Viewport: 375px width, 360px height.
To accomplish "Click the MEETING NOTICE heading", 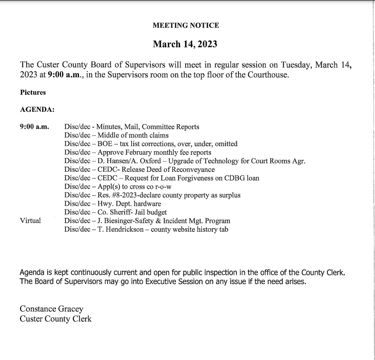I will pyautogui.click(x=186, y=25).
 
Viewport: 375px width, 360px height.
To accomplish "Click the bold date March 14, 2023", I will pyautogui.click(x=185, y=44).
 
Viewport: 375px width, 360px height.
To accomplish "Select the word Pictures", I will pyautogui.click(x=33, y=93).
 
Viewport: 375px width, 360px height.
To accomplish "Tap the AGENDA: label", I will pyautogui.click(x=37, y=110).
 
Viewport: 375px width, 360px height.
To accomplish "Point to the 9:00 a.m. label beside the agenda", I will pyautogui.click(x=34, y=127).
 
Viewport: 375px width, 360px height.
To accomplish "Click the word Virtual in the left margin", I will pyautogui.click(x=30, y=221).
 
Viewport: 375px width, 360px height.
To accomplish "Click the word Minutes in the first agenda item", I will pyautogui.click(x=113, y=127).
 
